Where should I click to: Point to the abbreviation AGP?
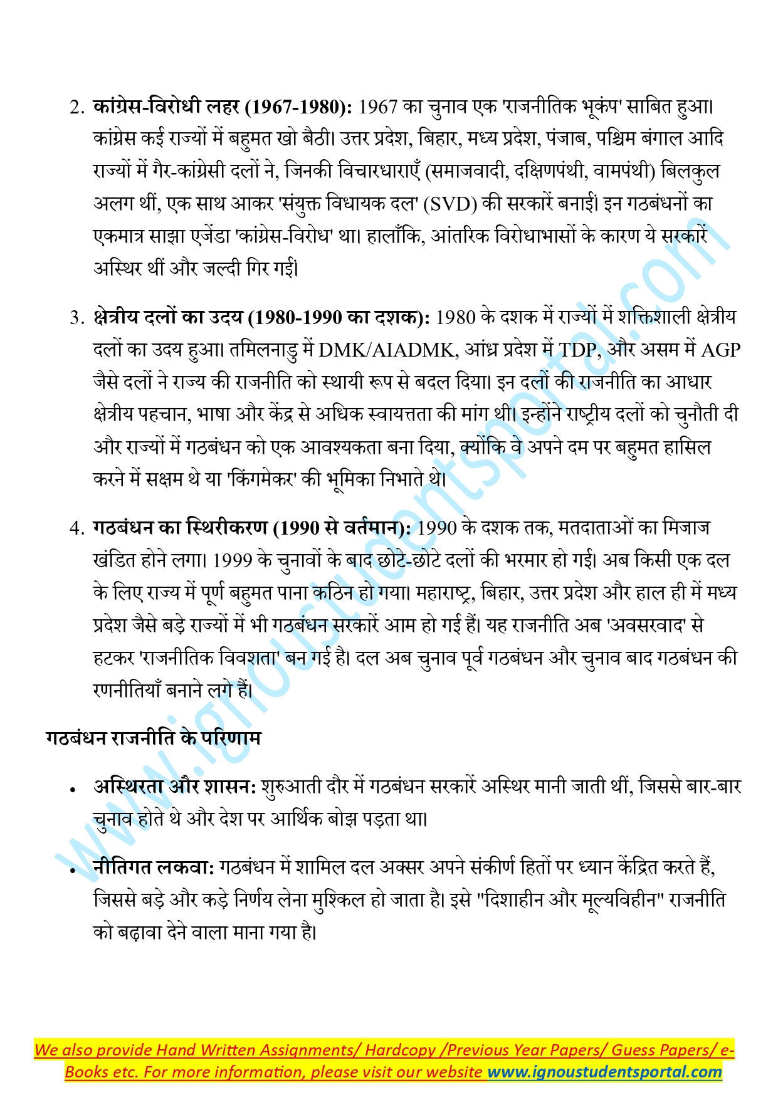[720, 350]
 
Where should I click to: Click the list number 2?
[76, 107]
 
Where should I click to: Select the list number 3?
[76, 318]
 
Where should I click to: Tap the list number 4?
[76, 528]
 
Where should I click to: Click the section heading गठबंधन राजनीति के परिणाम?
[153, 738]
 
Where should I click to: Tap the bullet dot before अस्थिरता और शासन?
[74, 790]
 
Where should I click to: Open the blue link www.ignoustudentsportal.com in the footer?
[604, 1071]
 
